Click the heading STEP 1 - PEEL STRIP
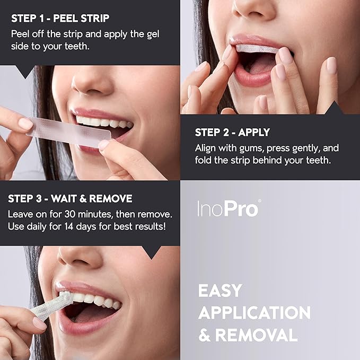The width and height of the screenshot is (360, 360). (60, 19)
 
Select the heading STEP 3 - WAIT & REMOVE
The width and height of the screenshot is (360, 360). (70, 199)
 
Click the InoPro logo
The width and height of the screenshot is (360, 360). (229, 208)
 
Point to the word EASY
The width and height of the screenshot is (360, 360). (220, 291)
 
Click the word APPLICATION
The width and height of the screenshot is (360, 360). (254, 313)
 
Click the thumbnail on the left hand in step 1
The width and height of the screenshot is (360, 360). (24, 124)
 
